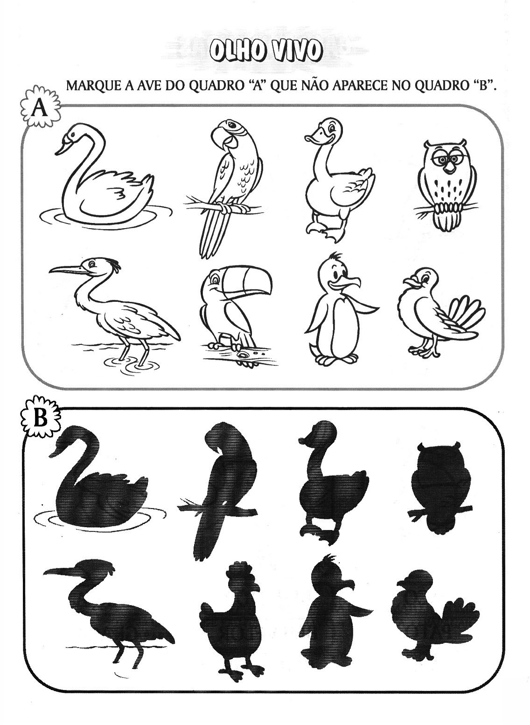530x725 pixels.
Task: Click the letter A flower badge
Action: coord(40,109)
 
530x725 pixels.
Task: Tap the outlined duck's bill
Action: coord(315,135)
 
